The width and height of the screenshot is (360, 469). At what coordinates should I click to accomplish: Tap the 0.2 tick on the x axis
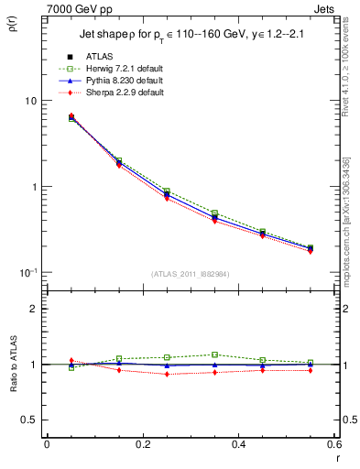tap(142, 444)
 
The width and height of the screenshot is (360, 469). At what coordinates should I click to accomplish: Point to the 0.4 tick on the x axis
tap(238, 444)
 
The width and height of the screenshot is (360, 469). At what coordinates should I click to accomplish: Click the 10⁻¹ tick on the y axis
tap(27, 272)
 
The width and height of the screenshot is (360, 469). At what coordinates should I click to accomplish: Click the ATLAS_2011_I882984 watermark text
tap(191, 274)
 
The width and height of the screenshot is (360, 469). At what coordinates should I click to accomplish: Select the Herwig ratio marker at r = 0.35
tap(214, 354)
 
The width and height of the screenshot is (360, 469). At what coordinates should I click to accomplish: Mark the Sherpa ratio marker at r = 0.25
tap(167, 374)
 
